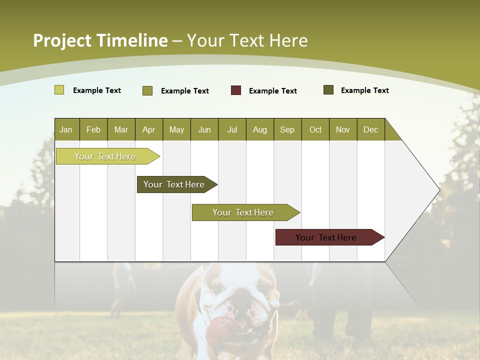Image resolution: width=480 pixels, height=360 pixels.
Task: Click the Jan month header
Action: pos(66,129)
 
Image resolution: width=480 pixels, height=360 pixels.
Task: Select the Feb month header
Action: pos(93,129)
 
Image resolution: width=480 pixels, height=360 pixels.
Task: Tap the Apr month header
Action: pos(148,129)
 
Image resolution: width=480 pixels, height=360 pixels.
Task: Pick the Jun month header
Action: pos(204,129)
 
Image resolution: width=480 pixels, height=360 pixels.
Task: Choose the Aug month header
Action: pos(259,129)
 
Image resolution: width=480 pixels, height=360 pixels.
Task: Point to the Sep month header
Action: pos(287,129)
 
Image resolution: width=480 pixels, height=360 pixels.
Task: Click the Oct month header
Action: pos(315,129)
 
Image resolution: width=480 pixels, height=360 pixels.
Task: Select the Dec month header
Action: pos(370,129)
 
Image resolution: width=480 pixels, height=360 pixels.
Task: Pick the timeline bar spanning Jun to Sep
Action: pos(243,212)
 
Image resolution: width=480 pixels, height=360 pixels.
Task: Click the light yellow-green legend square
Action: pos(59,90)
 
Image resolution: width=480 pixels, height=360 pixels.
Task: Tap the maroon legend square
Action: pos(236,90)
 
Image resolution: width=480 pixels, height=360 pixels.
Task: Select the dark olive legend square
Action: pos(328,90)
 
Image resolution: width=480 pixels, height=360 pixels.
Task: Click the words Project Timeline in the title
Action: pos(100,40)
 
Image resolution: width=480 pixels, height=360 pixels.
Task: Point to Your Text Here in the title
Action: pos(247,40)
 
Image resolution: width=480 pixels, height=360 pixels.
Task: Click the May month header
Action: pos(176,129)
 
